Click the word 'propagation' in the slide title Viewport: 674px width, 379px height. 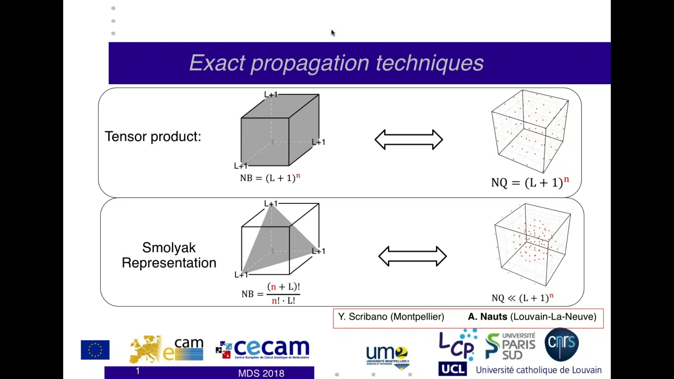pyautogui.click(x=310, y=63)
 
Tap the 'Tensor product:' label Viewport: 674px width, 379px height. pyautogui.click(x=153, y=137)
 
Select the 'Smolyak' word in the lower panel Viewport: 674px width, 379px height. pyautogui.click(x=169, y=248)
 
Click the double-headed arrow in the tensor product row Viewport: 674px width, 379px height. pyautogui.click(x=409, y=140)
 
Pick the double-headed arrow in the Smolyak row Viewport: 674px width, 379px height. pyautogui.click(x=412, y=256)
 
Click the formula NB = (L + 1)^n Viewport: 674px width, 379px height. pyautogui.click(x=270, y=178)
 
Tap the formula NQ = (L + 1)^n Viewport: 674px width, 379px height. pyautogui.click(x=530, y=182)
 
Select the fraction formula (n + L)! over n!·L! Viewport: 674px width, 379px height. pyautogui.click(x=283, y=293)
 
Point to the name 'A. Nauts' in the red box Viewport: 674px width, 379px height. pyautogui.click(x=487, y=317)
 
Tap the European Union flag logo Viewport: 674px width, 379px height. pyautogui.click(x=95, y=350)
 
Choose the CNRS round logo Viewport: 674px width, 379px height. pyautogui.click(x=562, y=344)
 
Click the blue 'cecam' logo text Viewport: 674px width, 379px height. pyautogui.click(x=271, y=347)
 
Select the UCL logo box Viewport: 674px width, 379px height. pyautogui.click(x=452, y=369)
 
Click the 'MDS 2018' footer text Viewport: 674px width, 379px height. pyautogui.click(x=261, y=373)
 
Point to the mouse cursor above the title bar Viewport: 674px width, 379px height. pyautogui.click(x=333, y=33)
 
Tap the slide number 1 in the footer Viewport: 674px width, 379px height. pyautogui.click(x=138, y=371)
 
